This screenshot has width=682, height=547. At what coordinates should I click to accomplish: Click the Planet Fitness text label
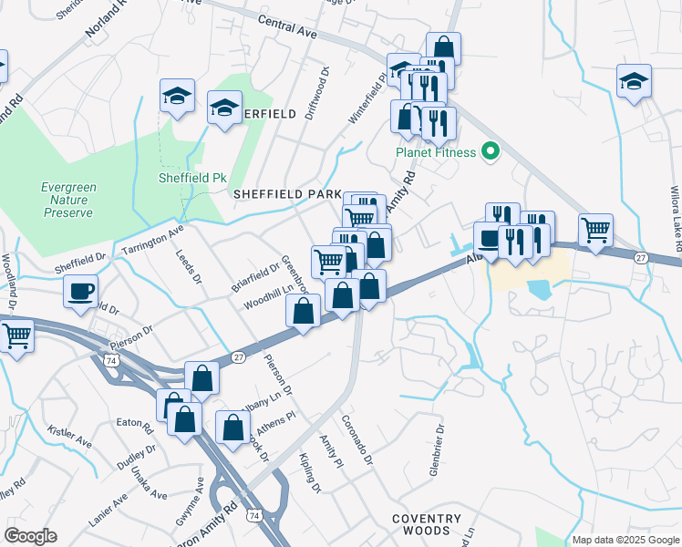coord(435,152)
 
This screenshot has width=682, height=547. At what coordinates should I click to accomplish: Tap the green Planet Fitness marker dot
coord(491,151)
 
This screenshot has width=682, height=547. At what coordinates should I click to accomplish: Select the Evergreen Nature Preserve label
coord(67,200)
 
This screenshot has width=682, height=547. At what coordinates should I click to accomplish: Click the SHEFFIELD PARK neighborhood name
coord(286,194)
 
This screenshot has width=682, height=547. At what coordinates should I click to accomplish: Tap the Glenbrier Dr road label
coord(438,452)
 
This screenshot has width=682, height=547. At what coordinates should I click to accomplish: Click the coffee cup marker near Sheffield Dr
coord(81,292)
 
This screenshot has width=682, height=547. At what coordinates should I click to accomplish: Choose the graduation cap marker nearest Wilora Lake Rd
coord(634,81)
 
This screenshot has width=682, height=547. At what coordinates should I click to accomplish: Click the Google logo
coord(30,535)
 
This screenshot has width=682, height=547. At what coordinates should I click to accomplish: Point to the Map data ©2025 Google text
coord(625,540)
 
